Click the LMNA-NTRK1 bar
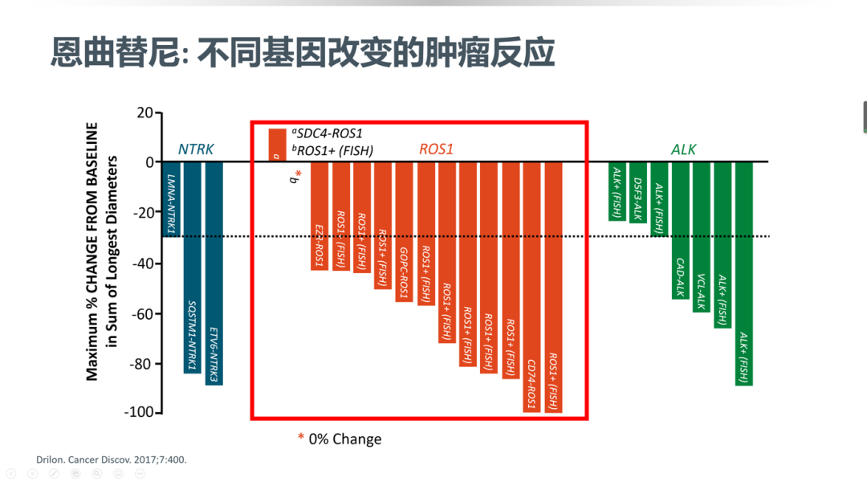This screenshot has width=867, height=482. [172, 199]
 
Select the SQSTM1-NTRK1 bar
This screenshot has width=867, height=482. [193, 268]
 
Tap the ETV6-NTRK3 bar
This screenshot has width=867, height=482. [214, 273]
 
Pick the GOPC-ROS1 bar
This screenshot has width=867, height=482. [404, 232]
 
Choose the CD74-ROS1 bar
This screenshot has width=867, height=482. [532, 288]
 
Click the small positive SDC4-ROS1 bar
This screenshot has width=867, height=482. [278, 145]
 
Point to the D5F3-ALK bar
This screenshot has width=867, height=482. [638, 193]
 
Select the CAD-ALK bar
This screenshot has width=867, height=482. [681, 231]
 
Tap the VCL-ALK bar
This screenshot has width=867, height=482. [702, 238]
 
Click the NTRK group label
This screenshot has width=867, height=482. [196, 149]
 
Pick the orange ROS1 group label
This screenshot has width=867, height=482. [436, 149]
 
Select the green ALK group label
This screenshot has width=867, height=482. [683, 149]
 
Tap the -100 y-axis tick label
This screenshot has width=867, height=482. [140, 412]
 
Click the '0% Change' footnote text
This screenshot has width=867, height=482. [345, 439]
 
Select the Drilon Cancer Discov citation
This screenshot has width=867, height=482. [112, 460]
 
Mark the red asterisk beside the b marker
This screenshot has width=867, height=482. [299, 174]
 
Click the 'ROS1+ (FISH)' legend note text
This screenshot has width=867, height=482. [332, 150]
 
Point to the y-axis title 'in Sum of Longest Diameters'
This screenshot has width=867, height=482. [112, 251]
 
